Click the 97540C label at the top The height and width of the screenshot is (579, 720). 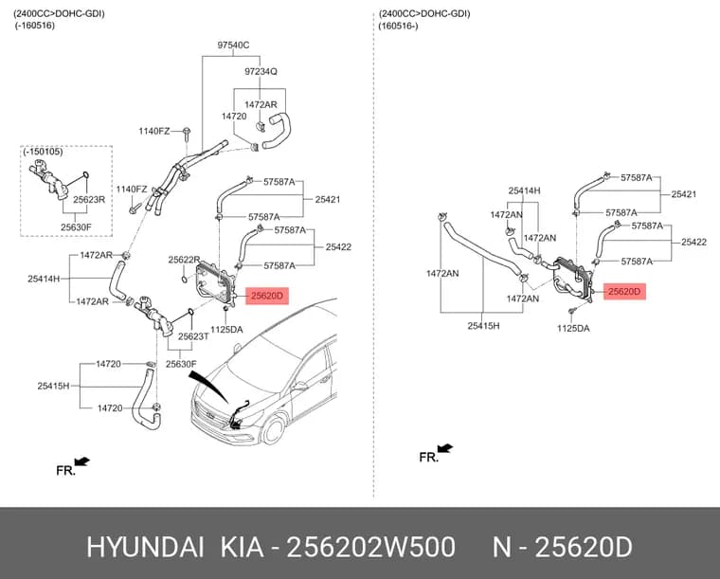233,45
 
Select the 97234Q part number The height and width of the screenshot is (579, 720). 261,72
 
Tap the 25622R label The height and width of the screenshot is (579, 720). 184,260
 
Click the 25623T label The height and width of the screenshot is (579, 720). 193,336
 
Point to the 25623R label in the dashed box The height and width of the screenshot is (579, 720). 89,200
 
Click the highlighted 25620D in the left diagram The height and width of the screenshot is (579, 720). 267,296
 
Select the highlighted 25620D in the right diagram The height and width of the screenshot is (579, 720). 624,292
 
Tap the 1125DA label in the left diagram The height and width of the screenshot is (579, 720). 226,330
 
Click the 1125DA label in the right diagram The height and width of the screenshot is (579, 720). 573,328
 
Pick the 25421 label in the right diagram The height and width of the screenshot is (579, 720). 684,194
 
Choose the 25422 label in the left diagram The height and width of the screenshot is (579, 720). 338,247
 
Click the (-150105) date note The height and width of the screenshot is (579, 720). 44,152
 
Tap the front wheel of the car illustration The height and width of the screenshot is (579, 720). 274,430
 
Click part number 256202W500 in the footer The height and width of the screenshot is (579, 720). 370,548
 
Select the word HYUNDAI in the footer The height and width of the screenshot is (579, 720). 145,548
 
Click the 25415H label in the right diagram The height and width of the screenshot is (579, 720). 483,326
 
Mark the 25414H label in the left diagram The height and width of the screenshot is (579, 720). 44,279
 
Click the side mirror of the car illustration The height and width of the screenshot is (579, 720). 298,386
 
